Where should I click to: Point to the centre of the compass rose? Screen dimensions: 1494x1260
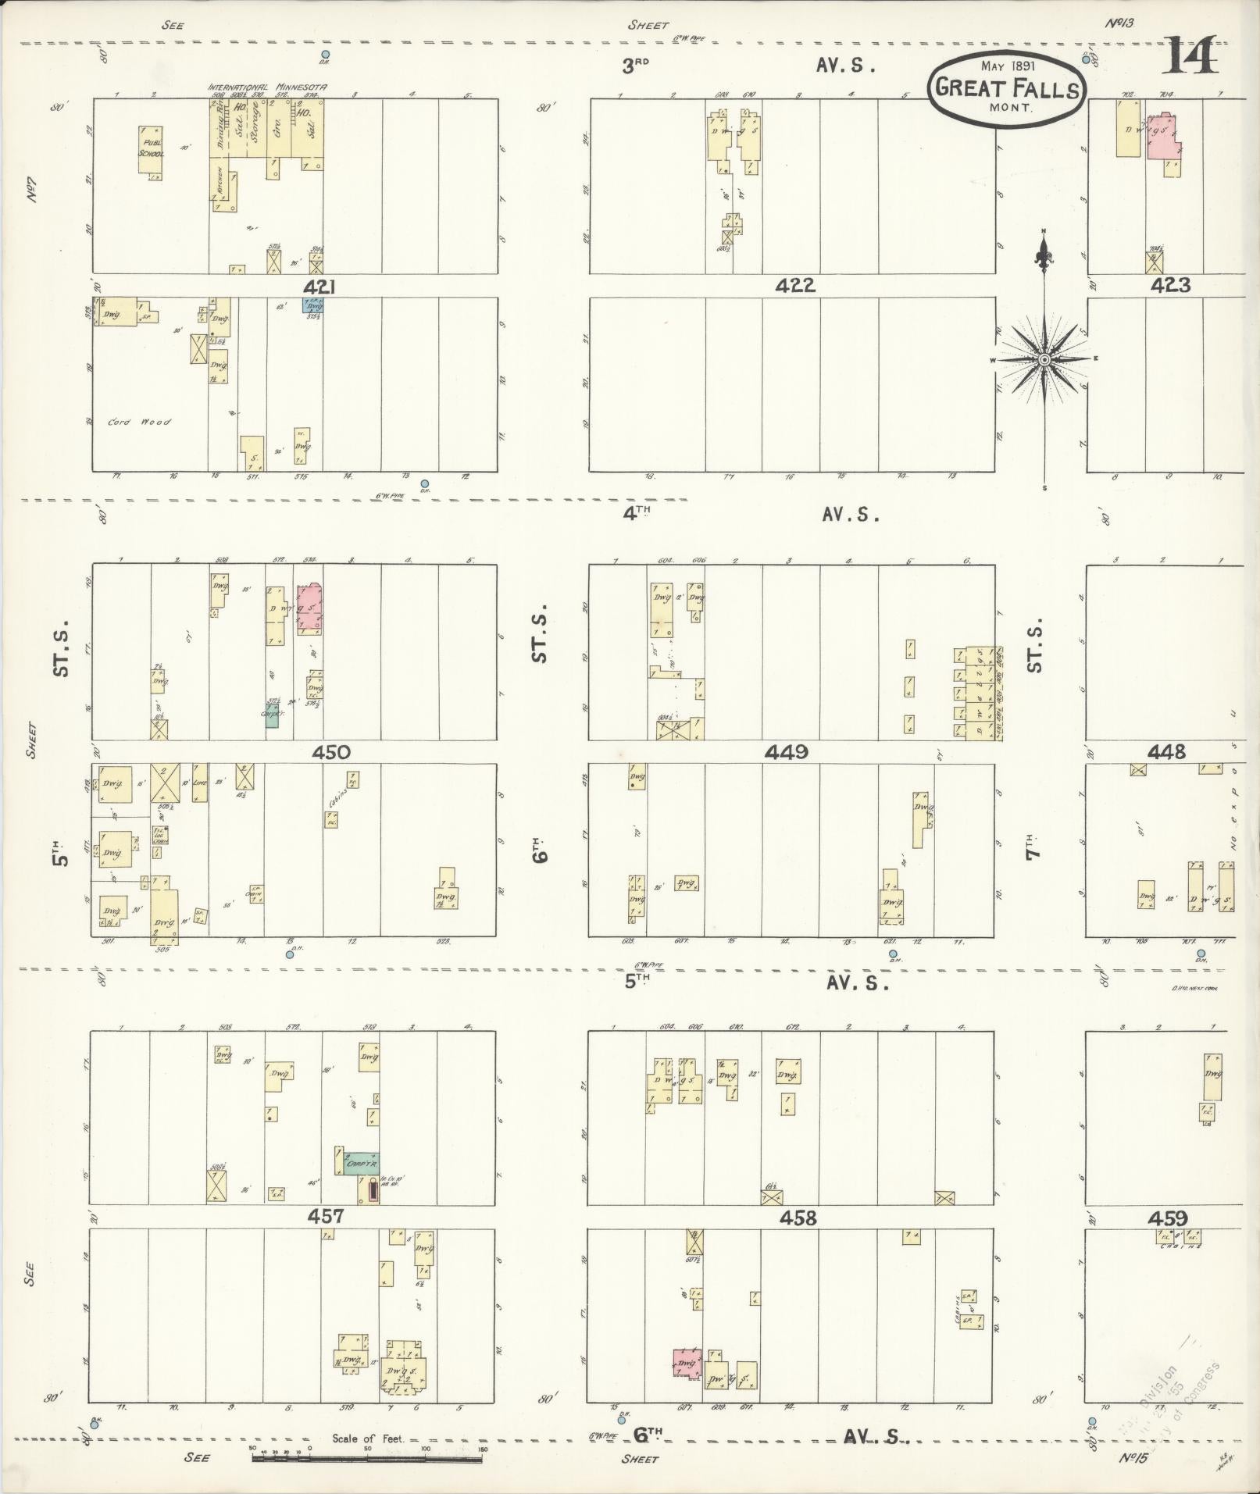[x=1044, y=359]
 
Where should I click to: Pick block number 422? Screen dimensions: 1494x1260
[x=795, y=286]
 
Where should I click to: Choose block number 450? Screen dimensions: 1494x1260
[x=330, y=752]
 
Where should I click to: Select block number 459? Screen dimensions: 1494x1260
[x=1168, y=1218]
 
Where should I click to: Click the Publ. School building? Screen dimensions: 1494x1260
[x=151, y=149]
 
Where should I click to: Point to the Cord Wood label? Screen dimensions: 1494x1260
[x=139, y=423]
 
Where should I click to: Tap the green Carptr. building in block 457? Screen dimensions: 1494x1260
[x=361, y=1163]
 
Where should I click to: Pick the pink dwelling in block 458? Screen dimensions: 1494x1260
[x=687, y=1363]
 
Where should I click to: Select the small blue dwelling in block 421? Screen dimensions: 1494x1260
[x=313, y=306]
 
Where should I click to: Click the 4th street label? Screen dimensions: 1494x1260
[x=637, y=512]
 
